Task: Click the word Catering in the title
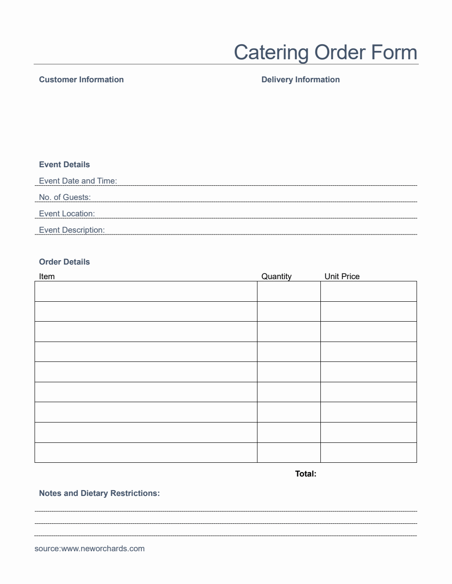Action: pyautogui.click(x=271, y=53)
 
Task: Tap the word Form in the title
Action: pyautogui.click(x=394, y=52)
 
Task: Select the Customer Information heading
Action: pyautogui.click(x=81, y=80)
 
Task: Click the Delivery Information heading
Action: pyautogui.click(x=300, y=80)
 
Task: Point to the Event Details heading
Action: pyautogui.click(x=64, y=165)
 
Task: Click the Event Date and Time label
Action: pyautogui.click(x=78, y=181)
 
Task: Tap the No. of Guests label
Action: pyautogui.click(x=65, y=197)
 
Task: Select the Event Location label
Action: pyautogui.click(x=67, y=214)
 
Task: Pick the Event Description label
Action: pyautogui.click(x=72, y=230)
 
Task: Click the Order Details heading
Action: pyautogui.click(x=64, y=262)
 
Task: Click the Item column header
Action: pyautogui.click(x=47, y=277)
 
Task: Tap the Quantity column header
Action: pyautogui.click(x=277, y=277)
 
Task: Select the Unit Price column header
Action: pyautogui.click(x=342, y=277)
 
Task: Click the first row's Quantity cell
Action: pyautogui.click(x=288, y=291)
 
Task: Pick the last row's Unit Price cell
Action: pyautogui.click(x=368, y=453)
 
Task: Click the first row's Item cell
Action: pyautogui.click(x=146, y=291)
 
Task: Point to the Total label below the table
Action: pyautogui.click(x=306, y=474)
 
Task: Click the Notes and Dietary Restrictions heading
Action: pyautogui.click(x=99, y=493)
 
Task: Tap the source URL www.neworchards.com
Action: pyautogui.click(x=103, y=549)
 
